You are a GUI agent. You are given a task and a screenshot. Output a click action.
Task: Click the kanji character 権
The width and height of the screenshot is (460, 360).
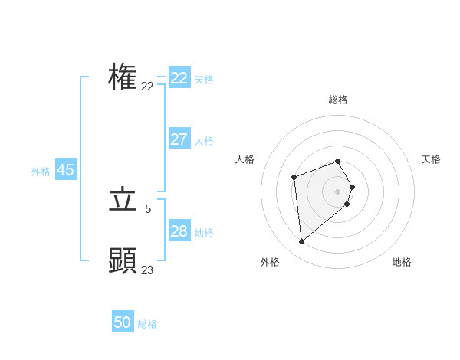coord(123,77)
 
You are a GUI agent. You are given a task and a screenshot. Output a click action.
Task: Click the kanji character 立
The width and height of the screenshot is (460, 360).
coord(123,201)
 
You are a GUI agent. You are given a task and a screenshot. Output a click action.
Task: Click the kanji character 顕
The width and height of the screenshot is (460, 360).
coord(123,260)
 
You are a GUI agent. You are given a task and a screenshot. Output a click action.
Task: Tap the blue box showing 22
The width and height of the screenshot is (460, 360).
coord(179,78)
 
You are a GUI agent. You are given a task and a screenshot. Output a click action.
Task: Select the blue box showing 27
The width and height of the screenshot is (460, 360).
coord(179,139)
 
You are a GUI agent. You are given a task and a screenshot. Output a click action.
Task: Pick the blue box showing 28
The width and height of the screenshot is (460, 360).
coord(179,231)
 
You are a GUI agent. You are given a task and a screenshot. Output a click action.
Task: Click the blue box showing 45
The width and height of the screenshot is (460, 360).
coord(66,170)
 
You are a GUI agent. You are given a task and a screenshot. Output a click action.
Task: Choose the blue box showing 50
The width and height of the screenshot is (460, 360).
coord(123,322)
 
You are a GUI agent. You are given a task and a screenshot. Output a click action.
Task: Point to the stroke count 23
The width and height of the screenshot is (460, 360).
coord(147,270)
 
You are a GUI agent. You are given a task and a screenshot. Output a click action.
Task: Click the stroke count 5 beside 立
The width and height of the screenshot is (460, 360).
coord(148,208)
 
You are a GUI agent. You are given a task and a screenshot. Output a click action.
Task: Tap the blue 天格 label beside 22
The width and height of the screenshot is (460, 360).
coord(204,80)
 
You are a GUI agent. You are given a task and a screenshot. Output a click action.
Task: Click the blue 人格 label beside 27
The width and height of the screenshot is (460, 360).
coord(204,141)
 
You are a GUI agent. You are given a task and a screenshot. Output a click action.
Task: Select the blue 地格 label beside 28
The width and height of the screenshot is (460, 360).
coord(204,233)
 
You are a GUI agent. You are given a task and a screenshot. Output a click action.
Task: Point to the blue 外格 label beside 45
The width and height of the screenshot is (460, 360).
coord(41,172)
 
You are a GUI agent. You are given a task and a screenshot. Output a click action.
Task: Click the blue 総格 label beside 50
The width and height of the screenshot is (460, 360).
coord(147,324)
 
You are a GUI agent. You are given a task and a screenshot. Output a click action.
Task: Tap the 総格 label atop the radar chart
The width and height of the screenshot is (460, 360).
coord(338,100)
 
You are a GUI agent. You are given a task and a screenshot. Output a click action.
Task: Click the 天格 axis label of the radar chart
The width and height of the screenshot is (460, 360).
coord(432,159)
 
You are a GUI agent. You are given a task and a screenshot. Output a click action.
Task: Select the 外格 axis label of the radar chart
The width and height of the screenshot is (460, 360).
coord(270,262)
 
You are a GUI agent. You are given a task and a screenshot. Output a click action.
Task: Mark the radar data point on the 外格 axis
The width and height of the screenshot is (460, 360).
coord(301,242)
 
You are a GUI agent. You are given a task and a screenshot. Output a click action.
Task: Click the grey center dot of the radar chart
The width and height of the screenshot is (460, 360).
coord(337,191)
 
